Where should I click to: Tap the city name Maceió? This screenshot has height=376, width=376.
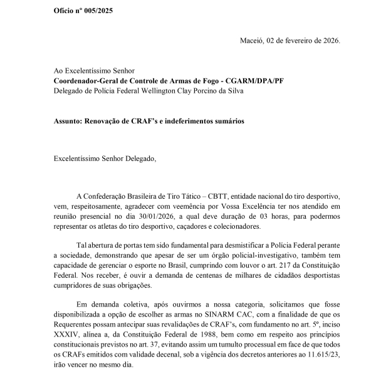(254, 41)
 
